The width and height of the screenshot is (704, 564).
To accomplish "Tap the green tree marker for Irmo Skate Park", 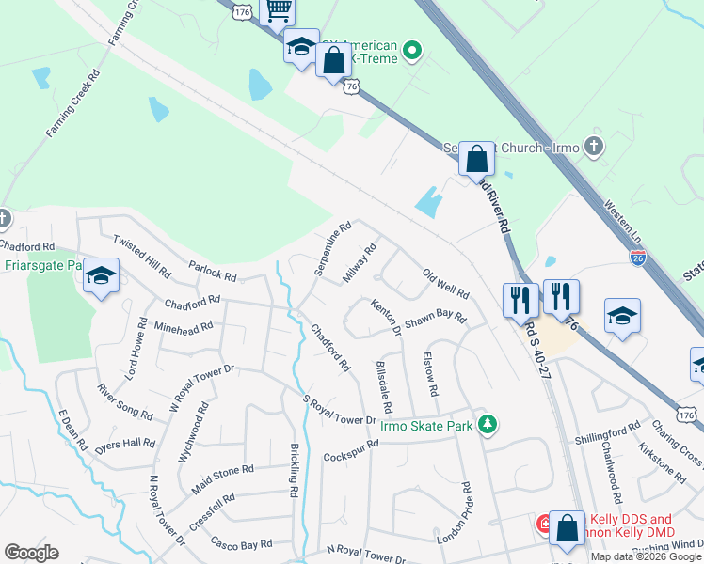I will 487,425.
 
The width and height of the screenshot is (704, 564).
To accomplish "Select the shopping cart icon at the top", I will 278,10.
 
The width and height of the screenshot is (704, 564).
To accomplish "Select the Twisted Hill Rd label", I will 141,257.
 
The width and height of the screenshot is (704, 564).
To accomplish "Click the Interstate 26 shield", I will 638,256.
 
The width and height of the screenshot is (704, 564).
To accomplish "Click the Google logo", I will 31,553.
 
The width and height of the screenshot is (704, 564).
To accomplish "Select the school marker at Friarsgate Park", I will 102,276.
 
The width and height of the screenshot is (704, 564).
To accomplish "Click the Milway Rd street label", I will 360,264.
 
